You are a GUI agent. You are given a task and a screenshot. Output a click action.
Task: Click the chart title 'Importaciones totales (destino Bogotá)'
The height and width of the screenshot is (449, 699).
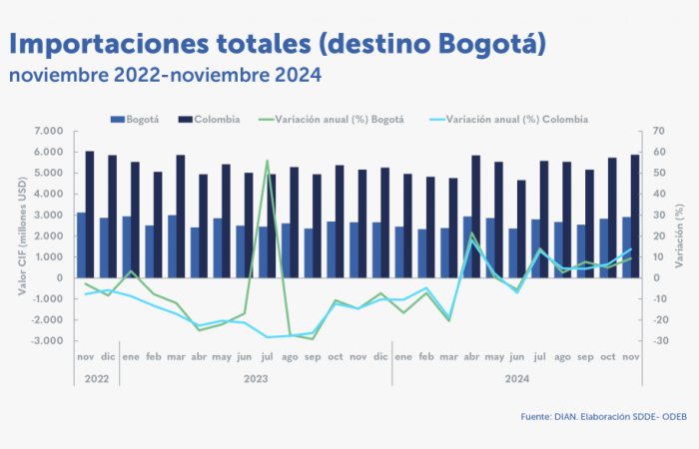tap(278, 44)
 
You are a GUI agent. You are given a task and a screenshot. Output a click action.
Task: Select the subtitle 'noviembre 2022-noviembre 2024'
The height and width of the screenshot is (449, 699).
tap(166, 75)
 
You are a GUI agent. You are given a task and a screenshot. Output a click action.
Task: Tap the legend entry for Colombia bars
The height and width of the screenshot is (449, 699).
tap(211, 120)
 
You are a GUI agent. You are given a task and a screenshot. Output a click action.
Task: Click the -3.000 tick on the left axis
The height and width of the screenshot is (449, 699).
tap(47, 340)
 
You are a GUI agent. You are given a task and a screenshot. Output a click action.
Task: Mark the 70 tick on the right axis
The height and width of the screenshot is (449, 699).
tap(658, 131)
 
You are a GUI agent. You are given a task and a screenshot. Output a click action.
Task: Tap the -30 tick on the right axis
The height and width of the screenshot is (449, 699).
tap(659, 340)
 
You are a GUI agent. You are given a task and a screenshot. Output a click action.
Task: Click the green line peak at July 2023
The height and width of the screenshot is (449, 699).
tap(267, 161)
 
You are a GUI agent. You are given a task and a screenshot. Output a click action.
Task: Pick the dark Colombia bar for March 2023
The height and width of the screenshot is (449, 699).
tap(181, 216)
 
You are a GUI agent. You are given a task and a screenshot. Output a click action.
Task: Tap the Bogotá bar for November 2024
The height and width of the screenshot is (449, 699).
tap(626, 246)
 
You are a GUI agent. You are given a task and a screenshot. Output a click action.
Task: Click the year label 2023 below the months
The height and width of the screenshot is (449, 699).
tap(257, 379)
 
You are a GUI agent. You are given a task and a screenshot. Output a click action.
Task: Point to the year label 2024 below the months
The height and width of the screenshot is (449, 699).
tap(518, 379)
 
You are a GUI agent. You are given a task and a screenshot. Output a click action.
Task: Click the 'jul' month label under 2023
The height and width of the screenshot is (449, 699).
tap(267, 357)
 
